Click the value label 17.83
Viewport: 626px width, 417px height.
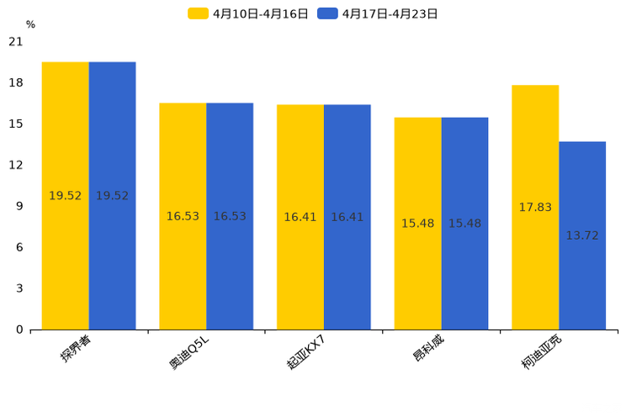tap(535, 208)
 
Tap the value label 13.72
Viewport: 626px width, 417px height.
tap(582, 235)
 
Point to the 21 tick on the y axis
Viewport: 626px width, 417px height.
tap(15, 41)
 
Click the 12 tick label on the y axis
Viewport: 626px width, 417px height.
tap(15, 165)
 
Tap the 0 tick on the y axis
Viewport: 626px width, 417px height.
tap(19, 330)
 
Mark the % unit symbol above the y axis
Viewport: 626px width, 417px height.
tap(30, 25)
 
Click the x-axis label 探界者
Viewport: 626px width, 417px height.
tap(76, 348)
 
